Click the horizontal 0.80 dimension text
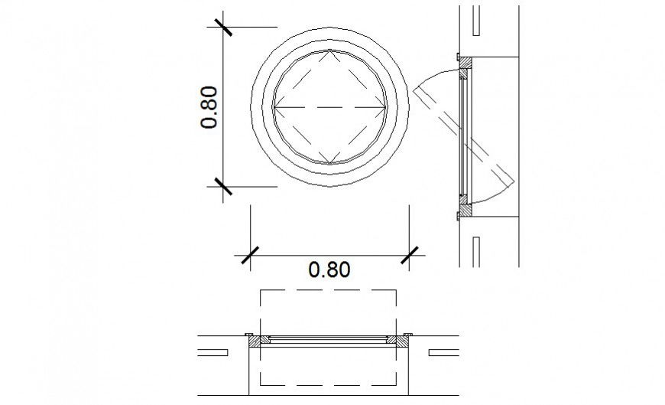329,270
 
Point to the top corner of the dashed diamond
329,51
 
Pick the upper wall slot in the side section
475,21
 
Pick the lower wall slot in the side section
475,250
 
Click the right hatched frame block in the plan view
395,339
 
